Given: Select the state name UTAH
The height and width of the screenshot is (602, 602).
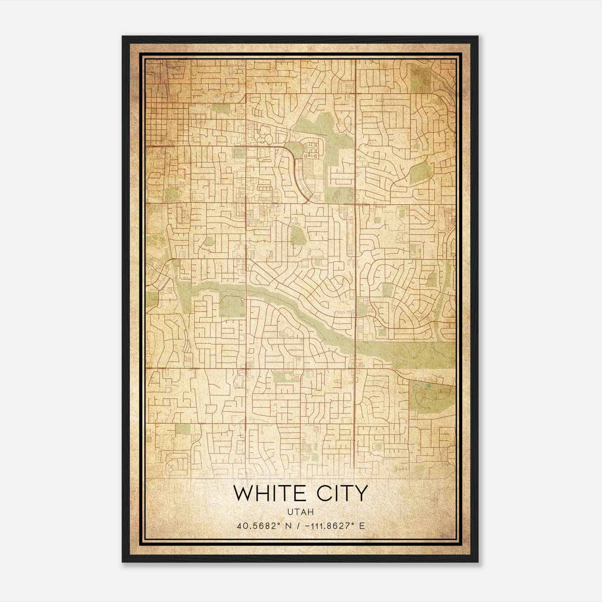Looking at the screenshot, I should (x=300, y=512).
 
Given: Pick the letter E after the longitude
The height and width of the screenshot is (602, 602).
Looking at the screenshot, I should (x=362, y=526).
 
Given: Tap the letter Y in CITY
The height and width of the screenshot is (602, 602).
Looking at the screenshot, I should (x=361, y=493).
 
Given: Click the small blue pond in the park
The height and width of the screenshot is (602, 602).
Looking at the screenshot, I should (x=427, y=386).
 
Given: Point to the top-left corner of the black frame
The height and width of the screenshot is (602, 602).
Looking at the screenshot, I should (x=123, y=36).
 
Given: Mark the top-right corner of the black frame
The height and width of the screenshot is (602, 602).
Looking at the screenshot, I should (x=478, y=36).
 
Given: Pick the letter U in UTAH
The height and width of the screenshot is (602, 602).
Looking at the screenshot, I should (x=290, y=512).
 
